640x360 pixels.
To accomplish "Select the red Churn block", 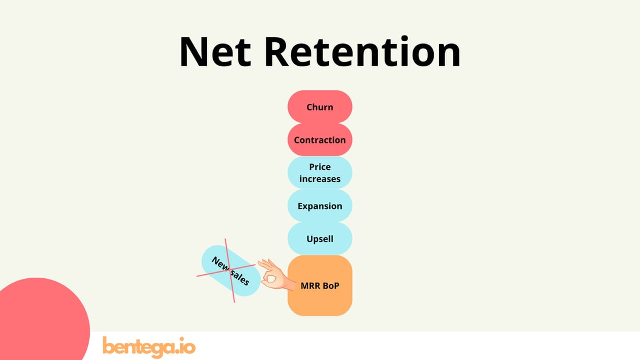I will (320, 107).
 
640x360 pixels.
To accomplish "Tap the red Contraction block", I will (320, 140).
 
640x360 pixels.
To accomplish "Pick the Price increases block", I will (320, 173).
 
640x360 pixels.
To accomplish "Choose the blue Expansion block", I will (320, 206).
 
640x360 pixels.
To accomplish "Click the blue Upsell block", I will (320, 239).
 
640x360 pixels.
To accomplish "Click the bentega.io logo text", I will (149, 346).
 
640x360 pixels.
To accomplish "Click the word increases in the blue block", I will (320, 179).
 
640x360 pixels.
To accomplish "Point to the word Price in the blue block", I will (320, 167).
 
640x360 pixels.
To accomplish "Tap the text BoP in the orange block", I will (330, 285).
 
